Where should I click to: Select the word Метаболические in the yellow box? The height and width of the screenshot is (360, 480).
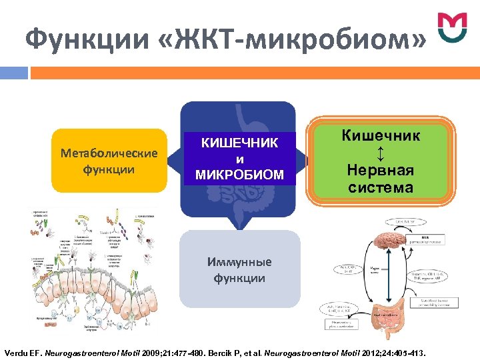click(x=109, y=153)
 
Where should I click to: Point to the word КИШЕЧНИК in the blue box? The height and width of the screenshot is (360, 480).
click(x=239, y=143)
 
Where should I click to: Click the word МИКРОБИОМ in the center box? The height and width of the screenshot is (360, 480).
click(x=239, y=175)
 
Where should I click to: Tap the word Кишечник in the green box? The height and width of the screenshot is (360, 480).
click(x=381, y=135)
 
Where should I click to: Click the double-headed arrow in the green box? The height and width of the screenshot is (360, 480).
click(x=380, y=153)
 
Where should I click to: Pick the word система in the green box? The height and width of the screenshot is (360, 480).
click(x=380, y=187)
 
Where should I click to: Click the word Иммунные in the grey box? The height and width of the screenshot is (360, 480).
click(x=239, y=262)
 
